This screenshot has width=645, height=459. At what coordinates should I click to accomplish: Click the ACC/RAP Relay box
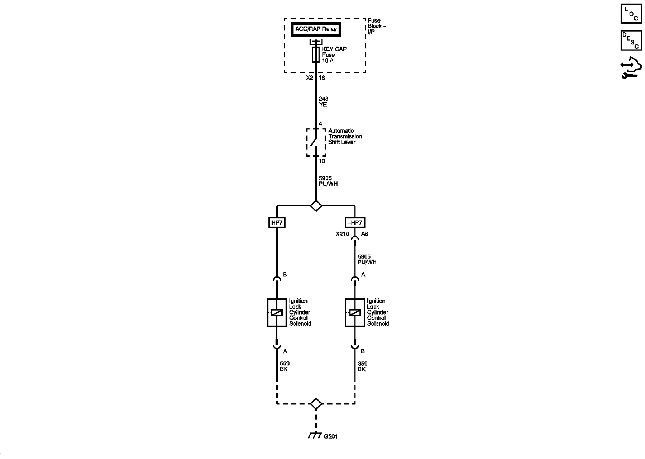tap(316, 29)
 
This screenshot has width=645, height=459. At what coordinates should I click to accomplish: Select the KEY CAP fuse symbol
tap(316, 55)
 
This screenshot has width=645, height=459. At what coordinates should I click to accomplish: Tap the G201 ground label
tap(330, 436)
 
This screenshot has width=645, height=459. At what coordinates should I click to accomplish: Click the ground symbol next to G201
tap(314, 435)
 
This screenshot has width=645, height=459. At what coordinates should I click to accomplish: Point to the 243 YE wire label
tap(323, 101)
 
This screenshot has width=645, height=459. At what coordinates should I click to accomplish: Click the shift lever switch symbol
tap(315, 142)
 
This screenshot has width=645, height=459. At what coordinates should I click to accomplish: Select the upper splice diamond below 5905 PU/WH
tap(316, 206)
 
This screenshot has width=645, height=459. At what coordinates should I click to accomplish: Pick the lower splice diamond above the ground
tap(316, 404)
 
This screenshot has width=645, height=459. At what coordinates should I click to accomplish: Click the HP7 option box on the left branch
tap(277, 223)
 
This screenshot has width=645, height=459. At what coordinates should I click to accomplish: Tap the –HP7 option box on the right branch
tap(355, 223)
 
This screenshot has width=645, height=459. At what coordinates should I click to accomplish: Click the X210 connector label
tap(342, 234)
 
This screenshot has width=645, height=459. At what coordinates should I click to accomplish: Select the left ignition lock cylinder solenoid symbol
tap(277, 313)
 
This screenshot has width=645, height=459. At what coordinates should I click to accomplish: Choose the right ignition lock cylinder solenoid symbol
tap(355, 313)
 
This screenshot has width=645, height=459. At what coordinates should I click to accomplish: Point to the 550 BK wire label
tap(285, 366)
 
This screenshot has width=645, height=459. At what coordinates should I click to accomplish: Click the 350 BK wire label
tap(362, 366)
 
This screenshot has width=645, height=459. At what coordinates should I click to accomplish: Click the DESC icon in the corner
tap(631, 40)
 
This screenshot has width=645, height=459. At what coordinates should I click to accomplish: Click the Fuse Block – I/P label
tap(377, 26)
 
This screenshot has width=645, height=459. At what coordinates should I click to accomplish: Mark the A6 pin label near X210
tap(364, 234)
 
